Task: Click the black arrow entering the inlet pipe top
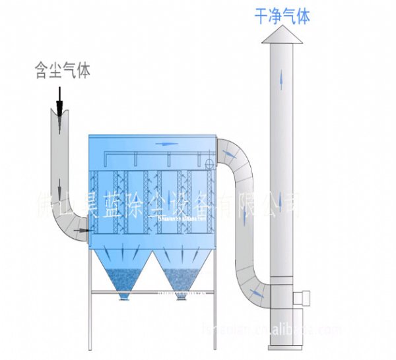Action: point(60,109)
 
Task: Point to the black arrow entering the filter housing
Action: point(82,230)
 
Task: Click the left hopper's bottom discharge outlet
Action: point(122,298)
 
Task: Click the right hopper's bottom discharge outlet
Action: point(180,298)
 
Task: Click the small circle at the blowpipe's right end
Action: point(209,162)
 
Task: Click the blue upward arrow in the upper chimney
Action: point(283,79)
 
